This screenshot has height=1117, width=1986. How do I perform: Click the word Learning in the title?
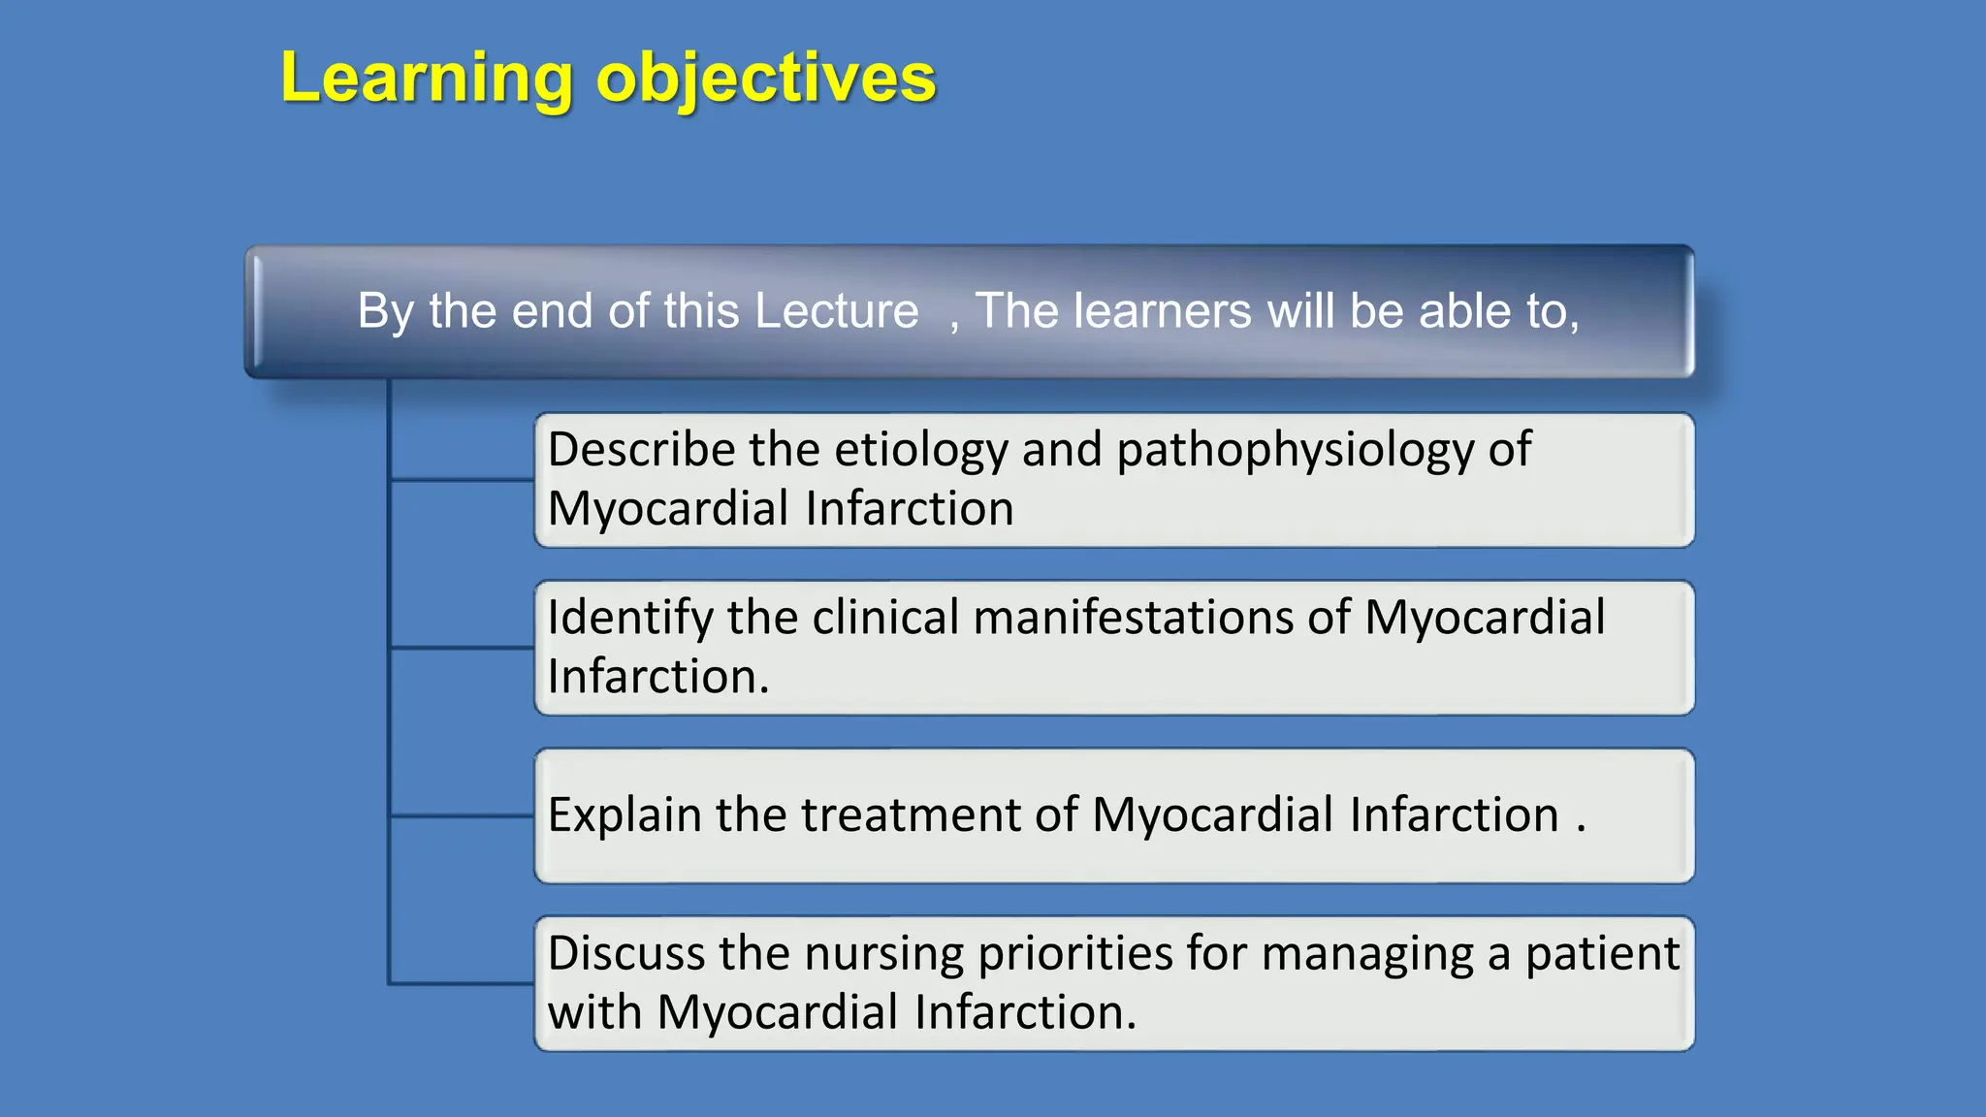(427, 80)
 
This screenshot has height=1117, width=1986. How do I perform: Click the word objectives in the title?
(766, 80)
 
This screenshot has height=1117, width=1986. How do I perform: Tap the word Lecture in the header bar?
(836, 311)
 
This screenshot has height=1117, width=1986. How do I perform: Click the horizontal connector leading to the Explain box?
(462, 815)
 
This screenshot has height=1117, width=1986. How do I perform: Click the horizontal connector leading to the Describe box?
(462, 479)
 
